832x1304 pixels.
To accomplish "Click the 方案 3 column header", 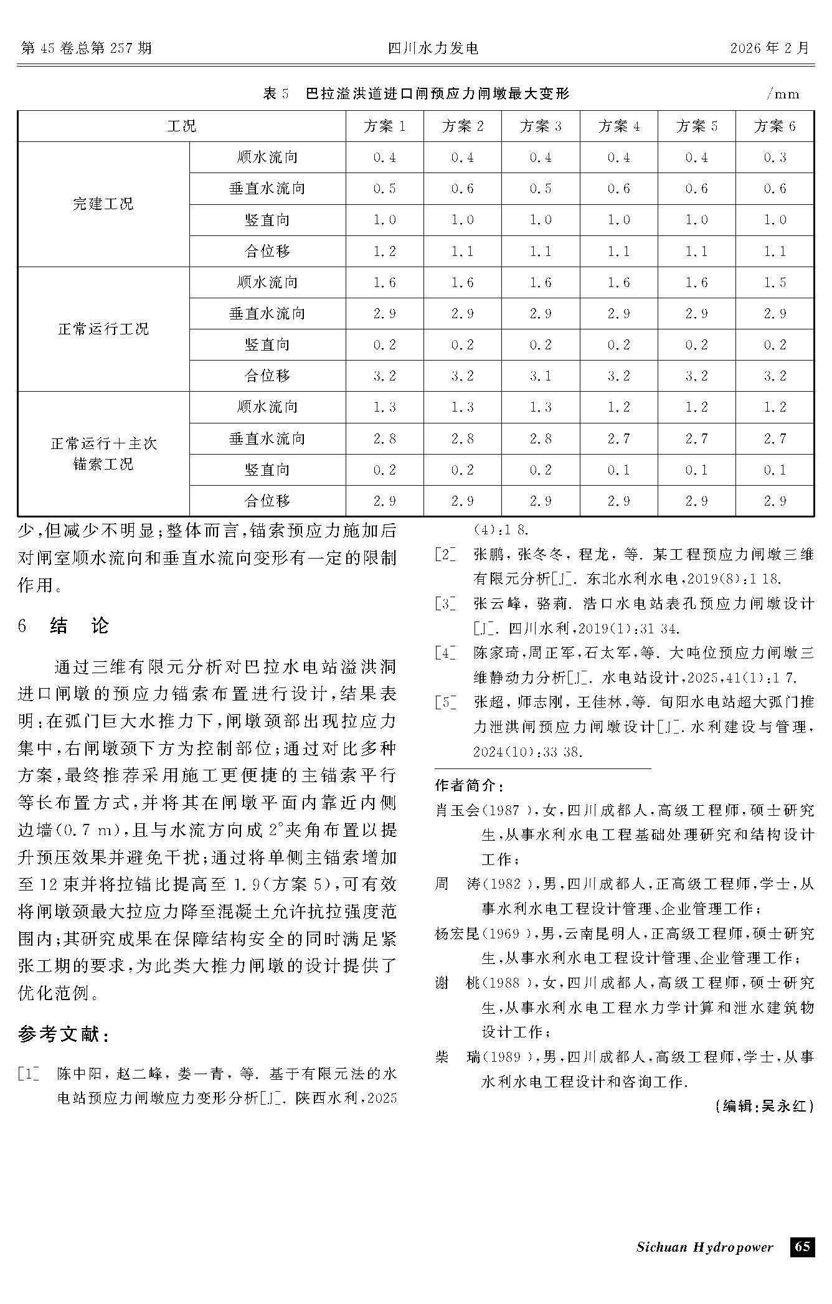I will [x=541, y=126].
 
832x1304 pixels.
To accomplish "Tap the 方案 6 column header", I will [x=775, y=126].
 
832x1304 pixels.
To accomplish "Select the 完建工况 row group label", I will [x=103, y=204].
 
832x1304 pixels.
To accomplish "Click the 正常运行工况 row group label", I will [x=103, y=329].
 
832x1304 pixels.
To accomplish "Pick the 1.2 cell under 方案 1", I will [x=384, y=252].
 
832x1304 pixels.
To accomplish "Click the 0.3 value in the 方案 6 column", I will [x=775, y=158].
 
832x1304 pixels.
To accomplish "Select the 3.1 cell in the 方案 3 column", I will [x=541, y=376].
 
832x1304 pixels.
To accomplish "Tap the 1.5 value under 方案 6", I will [x=775, y=283].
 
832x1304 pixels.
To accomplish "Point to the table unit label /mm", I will [x=783, y=94].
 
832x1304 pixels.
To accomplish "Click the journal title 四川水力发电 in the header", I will [x=433, y=49].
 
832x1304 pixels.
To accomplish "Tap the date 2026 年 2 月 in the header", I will [x=770, y=49].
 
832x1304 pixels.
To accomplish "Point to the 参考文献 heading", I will [x=65, y=1034].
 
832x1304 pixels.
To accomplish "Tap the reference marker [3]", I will [x=445, y=603].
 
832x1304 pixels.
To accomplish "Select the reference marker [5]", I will [x=445, y=702].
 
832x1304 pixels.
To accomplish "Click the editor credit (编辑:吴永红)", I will [x=764, y=1106].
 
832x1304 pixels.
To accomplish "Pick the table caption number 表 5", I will [x=277, y=94].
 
